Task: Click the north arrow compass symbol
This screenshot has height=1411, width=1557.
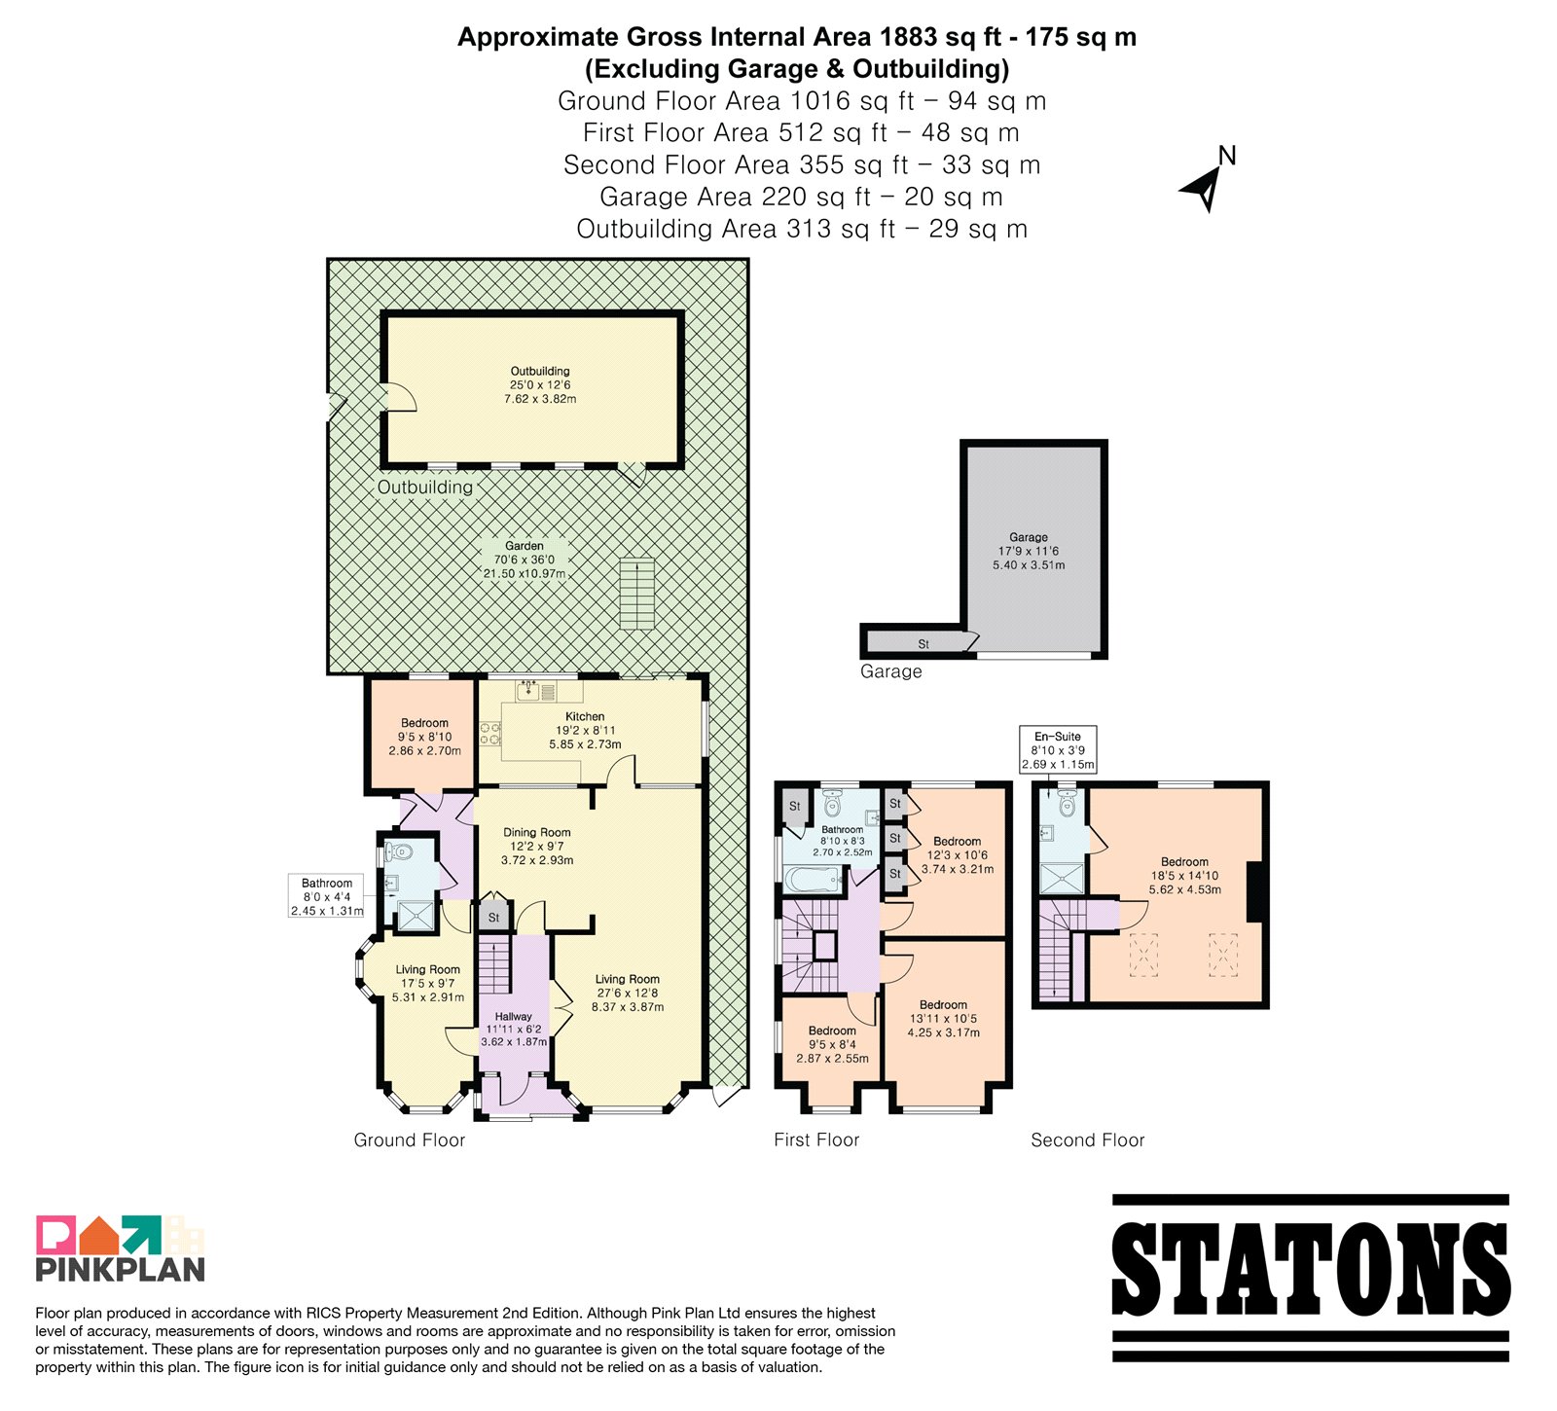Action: coord(1207,185)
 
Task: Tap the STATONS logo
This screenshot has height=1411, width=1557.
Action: coord(1310,1278)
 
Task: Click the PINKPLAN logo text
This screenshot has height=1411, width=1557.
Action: coord(121,1269)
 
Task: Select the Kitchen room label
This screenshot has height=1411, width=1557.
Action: coord(585,731)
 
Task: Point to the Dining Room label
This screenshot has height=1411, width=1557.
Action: coord(537,847)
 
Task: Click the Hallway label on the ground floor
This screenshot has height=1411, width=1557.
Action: coord(513,1029)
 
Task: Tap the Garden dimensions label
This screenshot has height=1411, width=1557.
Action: coord(525,561)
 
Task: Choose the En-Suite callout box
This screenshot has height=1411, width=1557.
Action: coord(1058,750)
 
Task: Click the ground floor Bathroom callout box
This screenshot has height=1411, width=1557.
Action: coord(327,896)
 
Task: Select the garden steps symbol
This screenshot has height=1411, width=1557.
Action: coord(637,594)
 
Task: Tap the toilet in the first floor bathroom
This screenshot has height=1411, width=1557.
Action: coord(832,804)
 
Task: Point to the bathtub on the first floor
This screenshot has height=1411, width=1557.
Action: coord(815,882)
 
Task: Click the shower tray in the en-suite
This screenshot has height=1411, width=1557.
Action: coord(1062,879)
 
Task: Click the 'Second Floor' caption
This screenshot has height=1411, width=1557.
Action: coord(1088,1140)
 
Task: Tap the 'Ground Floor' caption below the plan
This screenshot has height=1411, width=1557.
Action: coord(410,1140)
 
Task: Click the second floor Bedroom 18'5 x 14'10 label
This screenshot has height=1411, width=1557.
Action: coord(1184,876)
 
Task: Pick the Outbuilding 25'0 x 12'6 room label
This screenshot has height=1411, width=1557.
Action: coord(540,385)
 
